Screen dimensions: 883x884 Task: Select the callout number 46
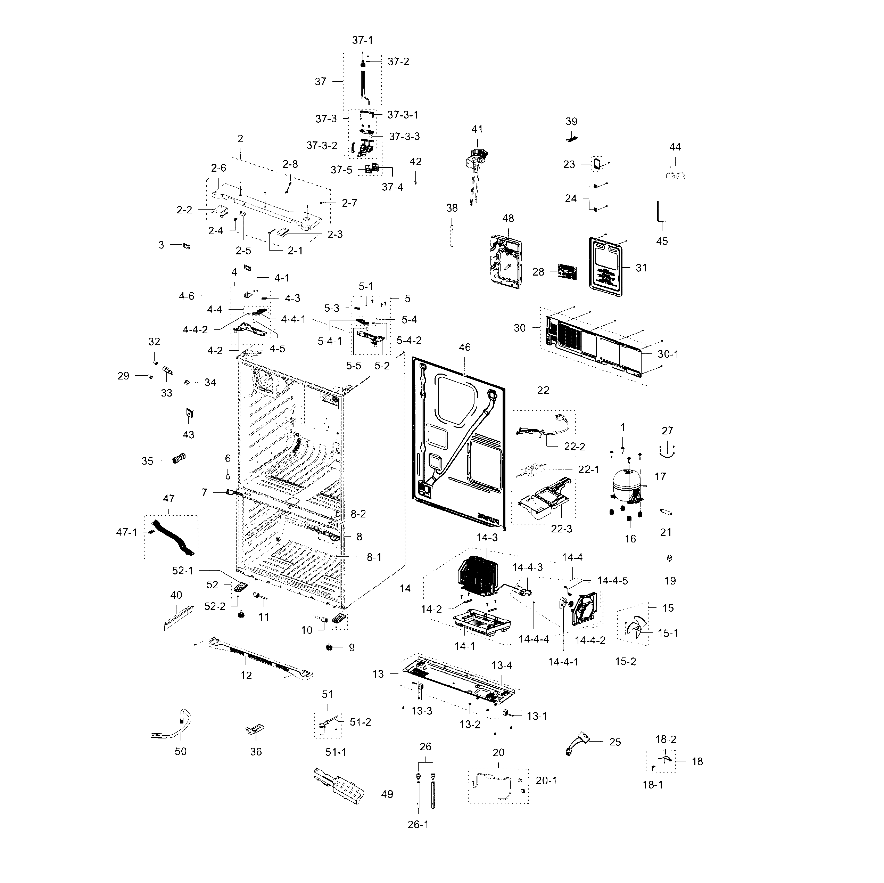tap(464, 348)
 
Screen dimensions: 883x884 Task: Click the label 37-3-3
tap(404, 137)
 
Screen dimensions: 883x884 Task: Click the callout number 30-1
tap(668, 354)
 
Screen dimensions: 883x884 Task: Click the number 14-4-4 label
tap(534, 639)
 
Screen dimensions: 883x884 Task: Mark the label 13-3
tap(421, 711)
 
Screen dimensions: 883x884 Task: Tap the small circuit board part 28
tap(567, 271)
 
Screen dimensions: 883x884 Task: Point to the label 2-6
tap(218, 168)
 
